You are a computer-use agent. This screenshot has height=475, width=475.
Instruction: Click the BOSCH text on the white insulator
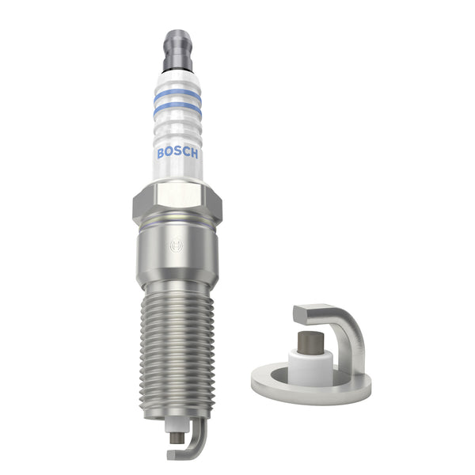pyautogui.click(x=177, y=152)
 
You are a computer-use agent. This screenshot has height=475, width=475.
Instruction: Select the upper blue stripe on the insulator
pyautogui.click(x=177, y=93)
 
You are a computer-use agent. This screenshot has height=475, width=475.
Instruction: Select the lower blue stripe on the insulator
pyautogui.click(x=177, y=109)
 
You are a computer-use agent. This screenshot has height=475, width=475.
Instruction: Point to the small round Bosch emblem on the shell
pyautogui.click(x=176, y=246)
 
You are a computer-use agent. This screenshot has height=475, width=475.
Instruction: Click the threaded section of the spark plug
pyautogui.click(x=177, y=348)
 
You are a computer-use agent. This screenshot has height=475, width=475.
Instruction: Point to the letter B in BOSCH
pyautogui.click(x=161, y=153)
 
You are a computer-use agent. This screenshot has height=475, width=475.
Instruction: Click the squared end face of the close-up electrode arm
pyautogui.click(x=298, y=314)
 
